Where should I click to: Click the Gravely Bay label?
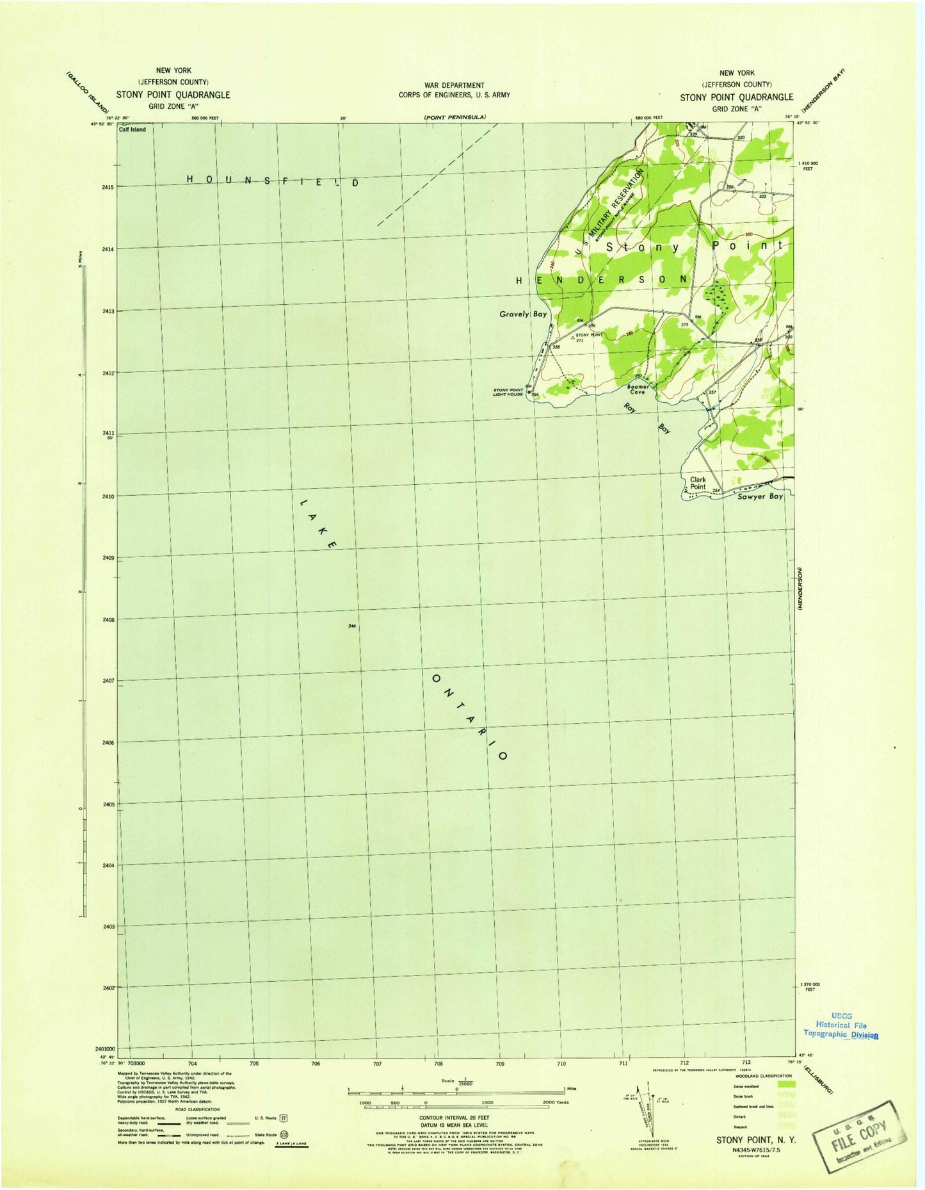pos(523,314)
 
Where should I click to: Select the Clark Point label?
pos(698,483)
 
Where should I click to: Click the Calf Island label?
pos(132,129)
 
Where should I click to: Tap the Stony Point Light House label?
pos(509,392)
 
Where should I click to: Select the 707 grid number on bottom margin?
pos(376,1064)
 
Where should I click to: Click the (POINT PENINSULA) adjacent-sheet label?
pos(455,117)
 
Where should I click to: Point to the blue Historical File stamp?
pos(841,1025)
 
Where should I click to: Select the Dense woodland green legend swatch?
pos(785,1084)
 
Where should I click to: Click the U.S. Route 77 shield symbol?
pos(283,1118)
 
